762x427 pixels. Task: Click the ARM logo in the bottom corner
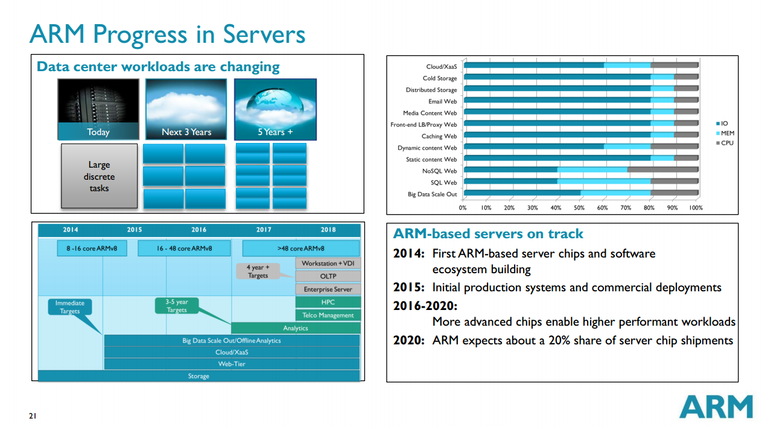tap(716, 407)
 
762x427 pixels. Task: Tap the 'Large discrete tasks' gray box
tap(99, 176)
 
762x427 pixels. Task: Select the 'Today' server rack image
tap(98, 109)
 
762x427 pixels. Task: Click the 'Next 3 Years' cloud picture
tap(186, 109)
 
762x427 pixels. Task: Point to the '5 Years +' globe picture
tap(275, 109)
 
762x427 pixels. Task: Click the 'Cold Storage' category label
tap(440, 78)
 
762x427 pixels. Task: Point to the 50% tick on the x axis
tap(579, 207)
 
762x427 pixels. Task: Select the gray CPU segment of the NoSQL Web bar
tap(662, 171)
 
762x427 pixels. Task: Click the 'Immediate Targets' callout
tap(70, 307)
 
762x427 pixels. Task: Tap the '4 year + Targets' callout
tap(258, 271)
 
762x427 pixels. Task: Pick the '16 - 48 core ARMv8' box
tap(184, 248)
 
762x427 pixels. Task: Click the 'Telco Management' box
tap(328, 315)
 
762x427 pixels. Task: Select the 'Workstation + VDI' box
tap(328, 264)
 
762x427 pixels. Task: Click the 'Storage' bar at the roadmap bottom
tap(198, 376)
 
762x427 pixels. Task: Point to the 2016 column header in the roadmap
tap(198, 230)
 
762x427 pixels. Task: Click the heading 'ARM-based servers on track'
tap(488, 234)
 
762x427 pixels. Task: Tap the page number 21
tap(33, 416)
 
